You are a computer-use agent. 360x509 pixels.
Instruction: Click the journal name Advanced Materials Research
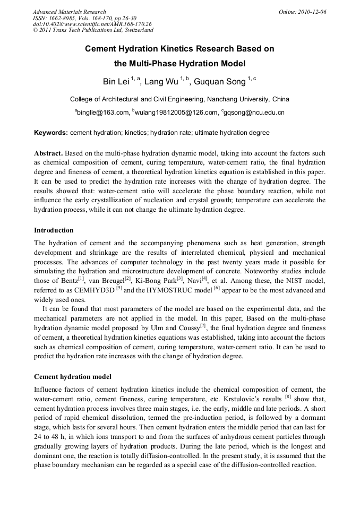69,12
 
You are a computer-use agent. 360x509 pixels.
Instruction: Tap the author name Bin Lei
116,82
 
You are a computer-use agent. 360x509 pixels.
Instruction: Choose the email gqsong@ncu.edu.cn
254,113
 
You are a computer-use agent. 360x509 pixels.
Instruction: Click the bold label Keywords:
51,133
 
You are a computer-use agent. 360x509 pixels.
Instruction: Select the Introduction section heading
54,230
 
